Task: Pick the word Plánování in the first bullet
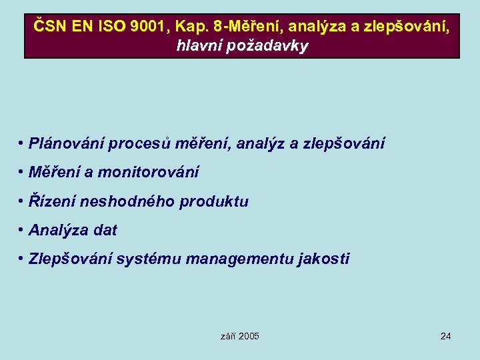point(66,144)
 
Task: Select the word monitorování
point(149,173)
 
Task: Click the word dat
point(105,231)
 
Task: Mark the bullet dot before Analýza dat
point(22,231)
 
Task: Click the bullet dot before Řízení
point(22,201)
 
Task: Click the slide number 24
point(446,336)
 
